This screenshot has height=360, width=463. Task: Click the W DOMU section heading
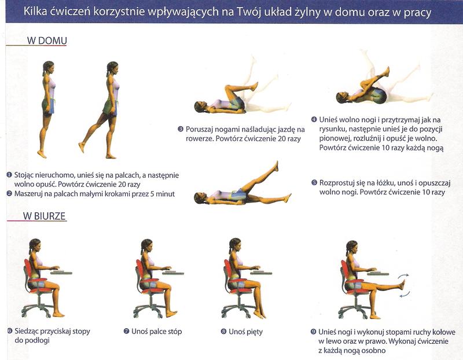point(47,41)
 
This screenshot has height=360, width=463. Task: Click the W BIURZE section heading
point(45,216)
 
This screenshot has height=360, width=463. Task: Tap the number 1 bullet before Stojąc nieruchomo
point(9,175)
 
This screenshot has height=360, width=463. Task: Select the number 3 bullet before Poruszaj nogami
point(181,129)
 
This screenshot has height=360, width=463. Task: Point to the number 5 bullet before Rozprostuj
point(314,183)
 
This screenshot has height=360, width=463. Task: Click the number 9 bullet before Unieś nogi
point(314,332)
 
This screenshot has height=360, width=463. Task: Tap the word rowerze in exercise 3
point(199,139)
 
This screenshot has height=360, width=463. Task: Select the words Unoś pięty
point(245,332)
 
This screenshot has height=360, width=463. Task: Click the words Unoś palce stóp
point(156,332)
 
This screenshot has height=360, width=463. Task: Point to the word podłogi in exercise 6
point(32,340)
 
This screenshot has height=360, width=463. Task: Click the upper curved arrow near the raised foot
point(403,276)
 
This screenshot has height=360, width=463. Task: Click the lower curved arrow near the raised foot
point(404,294)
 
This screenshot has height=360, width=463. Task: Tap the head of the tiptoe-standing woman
point(48,67)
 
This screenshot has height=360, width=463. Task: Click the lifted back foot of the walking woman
point(81,148)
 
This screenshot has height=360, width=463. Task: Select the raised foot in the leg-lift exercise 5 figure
point(276,166)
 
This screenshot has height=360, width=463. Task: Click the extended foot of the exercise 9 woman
point(402,285)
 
